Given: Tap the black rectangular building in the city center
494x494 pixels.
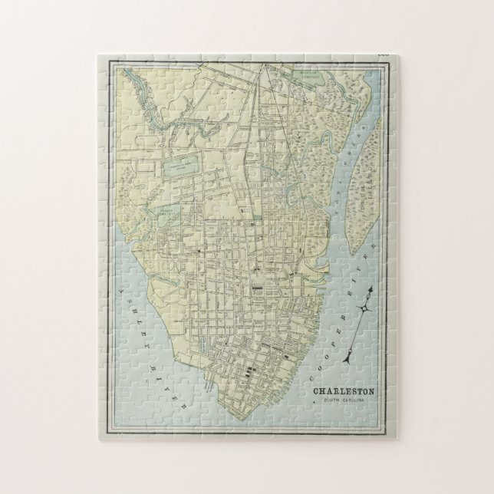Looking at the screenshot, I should pyautogui.click(x=257, y=288).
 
